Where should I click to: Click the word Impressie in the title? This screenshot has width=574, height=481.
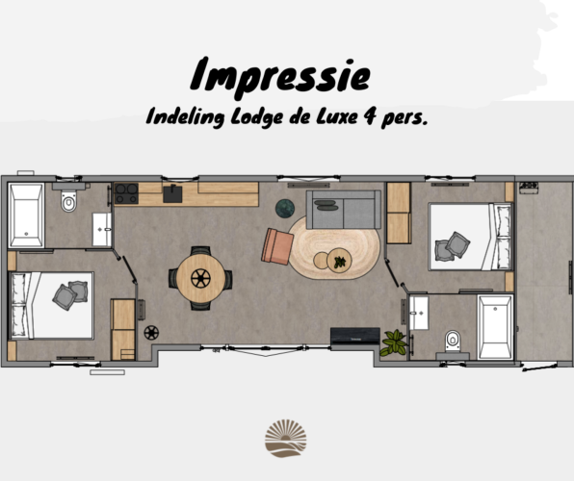tap(280, 74)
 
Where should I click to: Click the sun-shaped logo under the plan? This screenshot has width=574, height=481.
tap(285, 438)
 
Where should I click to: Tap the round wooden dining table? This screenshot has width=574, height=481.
tap(200, 277)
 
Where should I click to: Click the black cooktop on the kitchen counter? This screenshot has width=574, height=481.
tap(126, 194)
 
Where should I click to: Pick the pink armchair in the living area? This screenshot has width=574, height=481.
tap(278, 245)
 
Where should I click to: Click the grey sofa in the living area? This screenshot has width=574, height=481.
tap(343, 208)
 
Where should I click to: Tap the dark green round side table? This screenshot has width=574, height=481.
tap(285, 208)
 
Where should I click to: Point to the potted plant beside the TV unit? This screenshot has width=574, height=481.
tap(393, 342)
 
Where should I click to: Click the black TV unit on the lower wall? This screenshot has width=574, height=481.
tap(354, 337)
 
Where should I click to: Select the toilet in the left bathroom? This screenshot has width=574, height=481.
tap(68, 203)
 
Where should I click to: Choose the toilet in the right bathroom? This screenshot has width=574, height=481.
tap(452, 340)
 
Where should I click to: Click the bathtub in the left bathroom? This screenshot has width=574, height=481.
tap(25, 214)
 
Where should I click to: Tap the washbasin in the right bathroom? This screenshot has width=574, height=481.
tap(418, 310)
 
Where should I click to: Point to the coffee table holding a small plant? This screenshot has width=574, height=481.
tap(338, 259)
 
